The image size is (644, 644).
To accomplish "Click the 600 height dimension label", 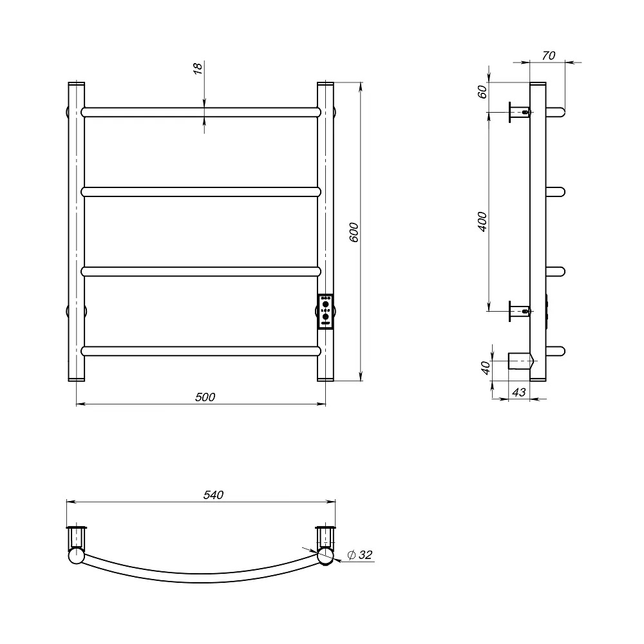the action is (354, 232).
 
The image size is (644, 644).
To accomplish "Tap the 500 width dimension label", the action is (205, 397).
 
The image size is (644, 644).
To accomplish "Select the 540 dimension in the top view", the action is (214, 495).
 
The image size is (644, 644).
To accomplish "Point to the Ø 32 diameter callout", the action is (360, 555).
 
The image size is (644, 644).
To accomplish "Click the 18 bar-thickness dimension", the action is (198, 68).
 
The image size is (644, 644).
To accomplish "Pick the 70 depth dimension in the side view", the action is (548, 55).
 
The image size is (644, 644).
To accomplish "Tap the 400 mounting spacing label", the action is (482, 222).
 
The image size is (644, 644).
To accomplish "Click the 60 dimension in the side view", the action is (482, 91).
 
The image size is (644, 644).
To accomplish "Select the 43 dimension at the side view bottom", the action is (518, 392).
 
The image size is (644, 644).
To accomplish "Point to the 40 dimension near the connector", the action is (486, 368).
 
